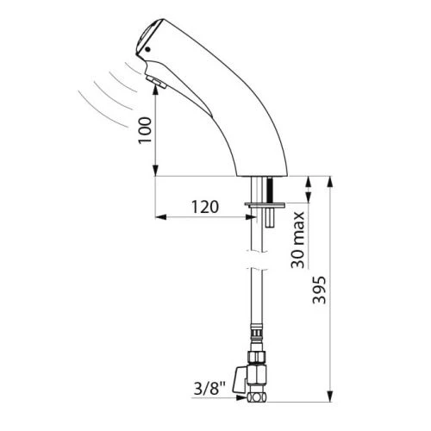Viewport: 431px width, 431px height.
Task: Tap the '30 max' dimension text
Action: coord(300,240)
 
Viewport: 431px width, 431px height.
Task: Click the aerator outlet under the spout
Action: coord(158,84)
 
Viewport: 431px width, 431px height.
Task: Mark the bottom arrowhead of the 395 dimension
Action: coord(330,397)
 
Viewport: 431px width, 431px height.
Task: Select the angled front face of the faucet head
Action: coord(147,39)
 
